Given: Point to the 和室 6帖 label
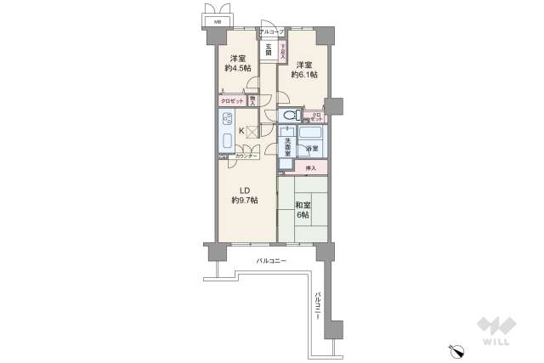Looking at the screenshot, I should [303, 210].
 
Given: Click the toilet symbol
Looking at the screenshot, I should [290, 116].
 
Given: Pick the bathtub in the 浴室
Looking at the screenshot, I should [311, 135].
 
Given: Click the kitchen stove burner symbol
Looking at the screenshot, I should [228, 119].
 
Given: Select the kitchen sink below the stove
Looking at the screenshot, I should [228, 141].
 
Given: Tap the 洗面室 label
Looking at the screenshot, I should [289, 145].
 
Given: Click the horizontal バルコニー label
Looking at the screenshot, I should [272, 260].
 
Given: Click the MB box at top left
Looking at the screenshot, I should [217, 20].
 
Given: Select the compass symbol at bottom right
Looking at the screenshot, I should [457, 349].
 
